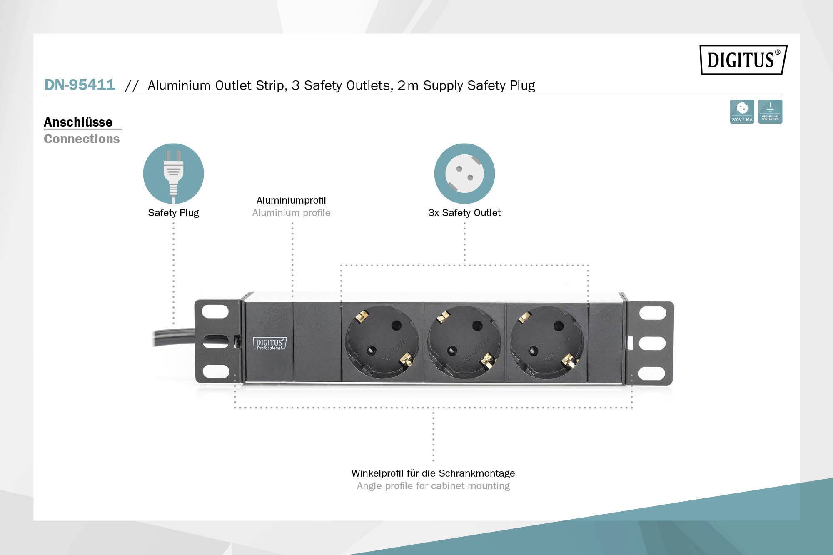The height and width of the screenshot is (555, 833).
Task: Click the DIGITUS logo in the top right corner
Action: pyautogui.click(x=743, y=60)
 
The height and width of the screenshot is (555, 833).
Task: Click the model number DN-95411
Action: pyautogui.click(x=80, y=85)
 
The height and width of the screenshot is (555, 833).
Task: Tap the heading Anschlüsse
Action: pyautogui.click(x=78, y=122)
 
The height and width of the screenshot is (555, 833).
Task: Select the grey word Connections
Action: pyautogui.click(x=82, y=139)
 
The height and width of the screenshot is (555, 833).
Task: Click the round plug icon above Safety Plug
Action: pyautogui.click(x=173, y=174)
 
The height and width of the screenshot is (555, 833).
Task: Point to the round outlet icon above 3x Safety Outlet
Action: pyautogui.click(x=464, y=174)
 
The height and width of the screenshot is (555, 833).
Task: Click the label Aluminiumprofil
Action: pyautogui.click(x=291, y=200)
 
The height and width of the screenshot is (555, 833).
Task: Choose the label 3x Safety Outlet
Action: pyautogui.click(x=464, y=213)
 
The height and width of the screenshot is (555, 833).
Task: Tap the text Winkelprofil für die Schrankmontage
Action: pyautogui.click(x=433, y=473)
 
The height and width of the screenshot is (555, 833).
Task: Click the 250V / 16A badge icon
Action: pyautogui.click(x=742, y=112)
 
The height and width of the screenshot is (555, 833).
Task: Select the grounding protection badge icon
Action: pyautogui.click(x=770, y=112)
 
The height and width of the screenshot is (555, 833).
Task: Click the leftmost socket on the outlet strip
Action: pyautogui.click(x=382, y=342)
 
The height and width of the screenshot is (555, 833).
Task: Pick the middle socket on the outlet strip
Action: pyautogui.click(x=465, y=342)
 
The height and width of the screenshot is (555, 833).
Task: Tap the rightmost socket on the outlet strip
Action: pyautogui.click(x=546, y=342)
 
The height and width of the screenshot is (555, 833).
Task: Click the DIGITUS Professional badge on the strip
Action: pyautogui.click(x=270, y=343)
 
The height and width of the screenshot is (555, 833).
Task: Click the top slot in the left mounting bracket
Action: pyautogui.click(x=215, y=312)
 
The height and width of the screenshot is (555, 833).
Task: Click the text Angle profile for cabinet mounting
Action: pyautogui.click(x=433, y=486)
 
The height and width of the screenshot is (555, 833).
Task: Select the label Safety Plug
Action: pyautogui.click(x=173, y=213)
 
